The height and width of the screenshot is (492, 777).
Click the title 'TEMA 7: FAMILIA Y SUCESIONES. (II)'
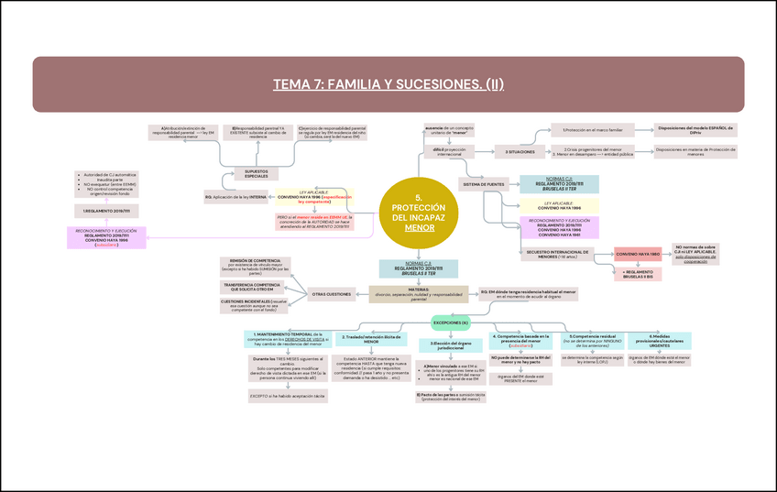click(388, 84)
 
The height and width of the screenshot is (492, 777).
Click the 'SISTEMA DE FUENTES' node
click(484, 184)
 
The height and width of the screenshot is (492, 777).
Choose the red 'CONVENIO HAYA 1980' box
click(638, 253)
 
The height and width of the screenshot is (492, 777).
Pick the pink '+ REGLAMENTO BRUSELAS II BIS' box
click(639, 274)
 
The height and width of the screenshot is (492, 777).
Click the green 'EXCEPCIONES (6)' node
click(451, 323)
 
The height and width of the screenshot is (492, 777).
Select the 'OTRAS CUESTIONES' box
click(334, 294)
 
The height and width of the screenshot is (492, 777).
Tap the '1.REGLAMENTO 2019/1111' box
click(102, 211)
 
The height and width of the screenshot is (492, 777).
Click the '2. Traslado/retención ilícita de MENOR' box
click(371, 339)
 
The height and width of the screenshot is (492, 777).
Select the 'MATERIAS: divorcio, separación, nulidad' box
click(419, 294)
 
